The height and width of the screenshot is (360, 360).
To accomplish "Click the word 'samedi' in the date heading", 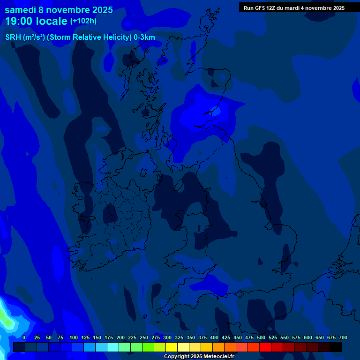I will click(21, 10).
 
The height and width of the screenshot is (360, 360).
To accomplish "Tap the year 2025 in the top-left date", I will click(99, 10).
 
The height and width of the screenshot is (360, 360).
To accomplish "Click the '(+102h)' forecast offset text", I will click(83, 21).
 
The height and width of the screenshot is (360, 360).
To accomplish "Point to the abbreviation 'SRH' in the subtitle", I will click(13, 37).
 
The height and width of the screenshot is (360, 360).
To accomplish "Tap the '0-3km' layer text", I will click(144, 37).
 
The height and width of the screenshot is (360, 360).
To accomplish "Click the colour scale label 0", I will click(24, 337).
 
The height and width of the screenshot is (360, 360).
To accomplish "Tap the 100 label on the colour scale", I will click(74, 337).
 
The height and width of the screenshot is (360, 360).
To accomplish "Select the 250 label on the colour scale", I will click(144, 337).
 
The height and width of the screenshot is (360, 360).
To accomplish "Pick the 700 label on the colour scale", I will click(343, 337).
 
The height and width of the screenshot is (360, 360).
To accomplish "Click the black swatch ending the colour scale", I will click(336, 347).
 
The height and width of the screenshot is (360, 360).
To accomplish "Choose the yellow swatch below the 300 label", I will click(172, 347).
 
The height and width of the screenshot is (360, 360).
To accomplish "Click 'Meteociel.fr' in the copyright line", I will click(218, 356).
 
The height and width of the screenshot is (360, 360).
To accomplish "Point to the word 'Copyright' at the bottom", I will click(177, 356).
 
